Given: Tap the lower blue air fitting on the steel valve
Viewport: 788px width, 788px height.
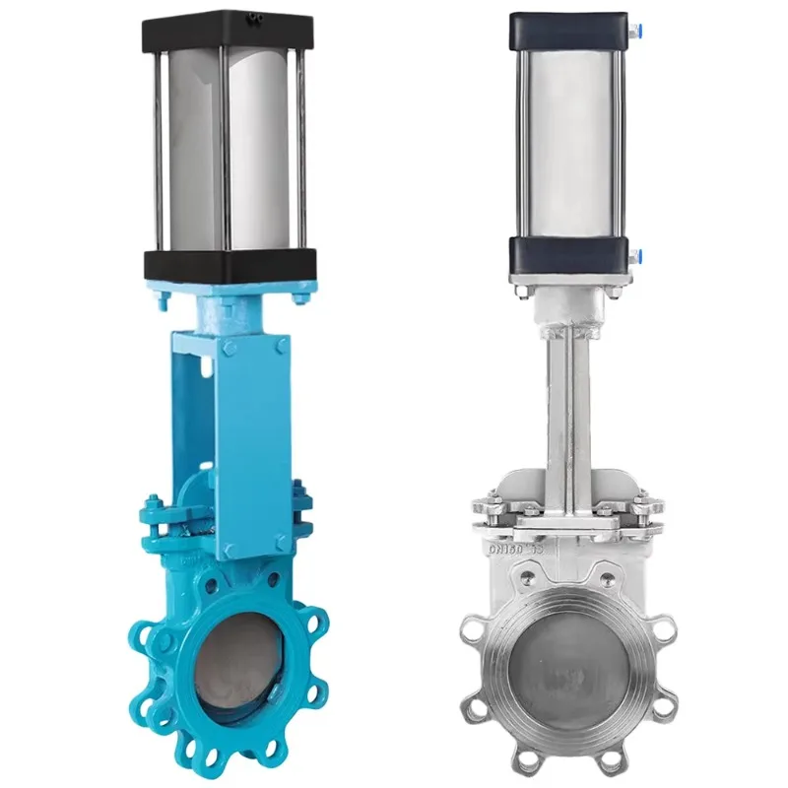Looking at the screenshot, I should coord(630,254).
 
